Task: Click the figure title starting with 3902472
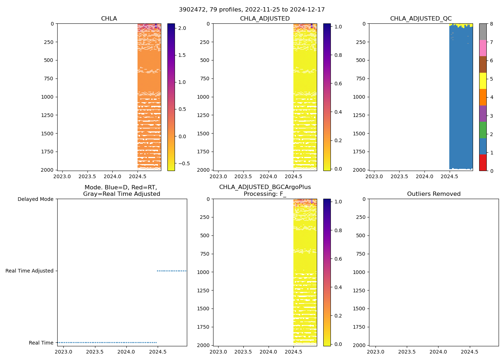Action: click(252, 9)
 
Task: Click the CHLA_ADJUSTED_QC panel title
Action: click(421, 18)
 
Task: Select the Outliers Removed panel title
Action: click(433, 194)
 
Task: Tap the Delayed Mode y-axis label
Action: click(35, 199)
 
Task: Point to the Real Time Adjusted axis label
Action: click(29, 271)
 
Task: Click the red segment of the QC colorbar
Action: click(483, 162)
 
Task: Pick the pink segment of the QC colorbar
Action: click(483, 48)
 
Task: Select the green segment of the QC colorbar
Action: click(483, 130)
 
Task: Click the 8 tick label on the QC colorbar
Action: click(491, 24)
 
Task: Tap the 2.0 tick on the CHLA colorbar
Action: click(182, 28)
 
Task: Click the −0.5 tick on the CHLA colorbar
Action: click(184, 163)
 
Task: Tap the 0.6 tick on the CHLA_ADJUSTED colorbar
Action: click(338, 84)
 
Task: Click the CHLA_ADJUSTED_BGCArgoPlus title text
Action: click(265, 187)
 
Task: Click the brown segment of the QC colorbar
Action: click(483, 64)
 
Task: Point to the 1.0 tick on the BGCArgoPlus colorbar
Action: click(338, 202)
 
